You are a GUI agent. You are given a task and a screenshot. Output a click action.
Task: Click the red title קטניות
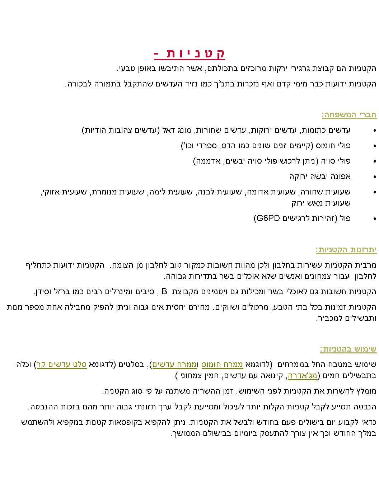click(x=189, y=53)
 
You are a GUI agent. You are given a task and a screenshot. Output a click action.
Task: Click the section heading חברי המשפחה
click(x=349, y=115)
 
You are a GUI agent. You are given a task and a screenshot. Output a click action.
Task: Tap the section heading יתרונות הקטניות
click(x=346, y=250)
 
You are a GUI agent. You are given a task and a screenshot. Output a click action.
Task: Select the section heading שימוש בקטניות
click(x=348, y=349)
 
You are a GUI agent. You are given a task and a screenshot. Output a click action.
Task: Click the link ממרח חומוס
click(x=222, y=365)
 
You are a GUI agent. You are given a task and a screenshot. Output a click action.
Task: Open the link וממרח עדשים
click(x=174, y=365)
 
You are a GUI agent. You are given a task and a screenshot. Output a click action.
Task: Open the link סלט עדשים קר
click(x=62, y=365)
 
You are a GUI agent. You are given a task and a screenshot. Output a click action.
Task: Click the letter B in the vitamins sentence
click(x=164, y=291)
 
